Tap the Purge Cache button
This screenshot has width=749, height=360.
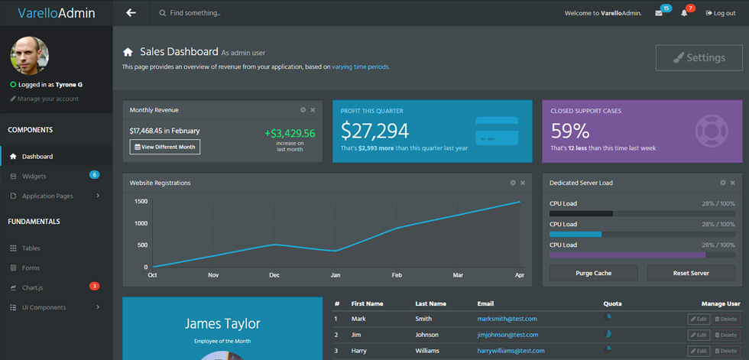(593, 273)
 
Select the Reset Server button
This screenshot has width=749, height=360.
(691, 273)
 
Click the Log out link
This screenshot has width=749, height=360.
(721, 13)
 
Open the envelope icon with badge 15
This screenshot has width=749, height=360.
(659, 13)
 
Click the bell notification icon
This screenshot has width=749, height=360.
(684, 13)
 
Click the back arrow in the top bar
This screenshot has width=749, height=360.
(131, 13)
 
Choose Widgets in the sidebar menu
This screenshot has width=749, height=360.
(34, 177)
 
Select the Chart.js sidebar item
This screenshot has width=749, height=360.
(33, 287)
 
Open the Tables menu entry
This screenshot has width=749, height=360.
(31, 248)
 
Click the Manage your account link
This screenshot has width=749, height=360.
(44, 99)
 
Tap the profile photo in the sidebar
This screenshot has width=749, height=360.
(29, 55)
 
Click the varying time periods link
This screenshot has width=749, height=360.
(361, 66)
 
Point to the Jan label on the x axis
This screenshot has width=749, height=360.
(336, 275)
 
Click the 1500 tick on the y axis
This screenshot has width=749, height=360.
(141, 202)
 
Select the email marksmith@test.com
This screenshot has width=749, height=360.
(507, 319)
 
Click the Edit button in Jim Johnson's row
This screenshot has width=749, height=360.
(699, 336)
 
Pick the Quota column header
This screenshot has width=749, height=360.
(613, 303)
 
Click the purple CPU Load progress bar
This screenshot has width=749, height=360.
(627, 255)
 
